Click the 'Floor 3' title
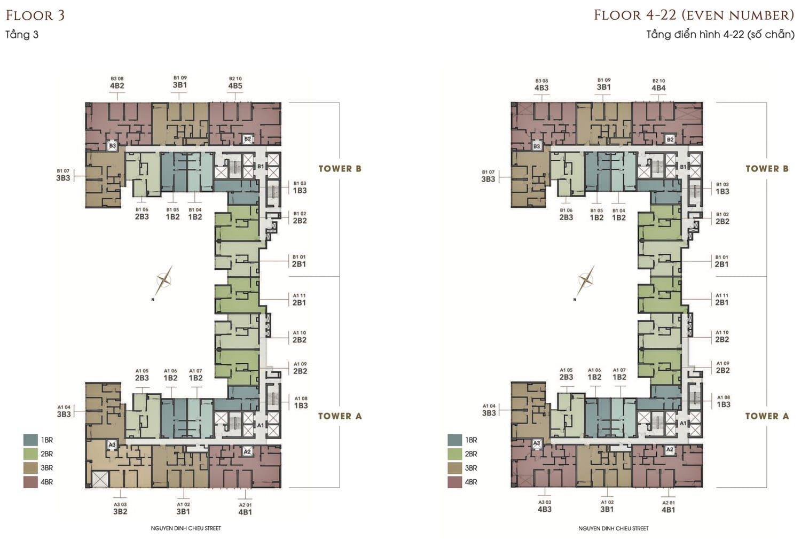click(x=35, y=15)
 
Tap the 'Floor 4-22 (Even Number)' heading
click(x=694, y=15)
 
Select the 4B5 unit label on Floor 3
click(x=235, y=86)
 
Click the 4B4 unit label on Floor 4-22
click(x=658, y=88)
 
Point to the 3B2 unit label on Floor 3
click(x=120, y=511)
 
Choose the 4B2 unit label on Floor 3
click(x=117, y=86)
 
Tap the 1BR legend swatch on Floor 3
click(x=30, y=440)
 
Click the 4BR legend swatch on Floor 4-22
click(x=454, y=482)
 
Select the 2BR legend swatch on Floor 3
click(x=30, y=454)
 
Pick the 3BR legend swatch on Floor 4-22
click(x=454, y=468)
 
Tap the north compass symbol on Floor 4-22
click(x=585, y=280)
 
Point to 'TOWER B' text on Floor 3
click(x=340, y=169)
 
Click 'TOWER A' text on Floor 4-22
click(x=767, y=416)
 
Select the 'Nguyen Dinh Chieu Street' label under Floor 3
click(x=186, y=528)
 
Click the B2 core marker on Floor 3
click(x=247, y=139)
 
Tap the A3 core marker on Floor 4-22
click(x=537, y=443)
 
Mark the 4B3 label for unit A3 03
click(x=545, y=509)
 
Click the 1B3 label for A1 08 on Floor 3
click(x=301, y=405)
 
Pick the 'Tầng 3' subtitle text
click(x=22, y=35)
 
